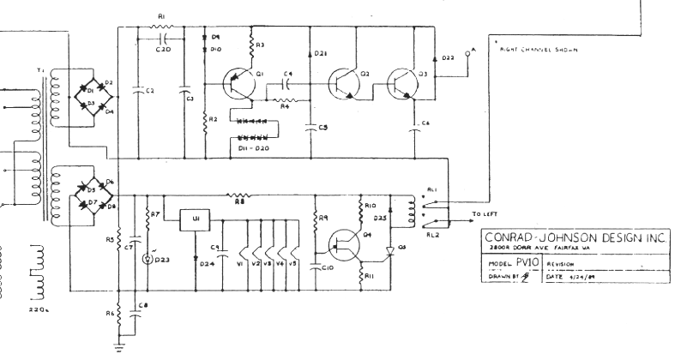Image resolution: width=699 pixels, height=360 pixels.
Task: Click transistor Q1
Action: click(236, 84)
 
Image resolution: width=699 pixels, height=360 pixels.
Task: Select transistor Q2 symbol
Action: click(345, 82)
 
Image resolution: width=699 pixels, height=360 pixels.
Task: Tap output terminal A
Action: click(467, 53)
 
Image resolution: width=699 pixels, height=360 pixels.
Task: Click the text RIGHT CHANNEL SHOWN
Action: click(538, 49)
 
